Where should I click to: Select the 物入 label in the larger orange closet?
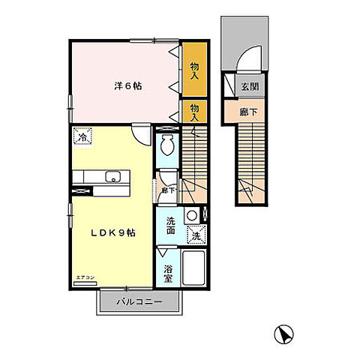194,72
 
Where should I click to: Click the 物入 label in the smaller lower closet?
194,112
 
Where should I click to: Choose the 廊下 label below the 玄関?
248,112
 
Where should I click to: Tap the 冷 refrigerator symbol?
83,137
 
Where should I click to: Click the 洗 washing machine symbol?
195,235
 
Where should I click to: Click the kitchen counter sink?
113,178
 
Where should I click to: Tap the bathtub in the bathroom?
194,268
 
